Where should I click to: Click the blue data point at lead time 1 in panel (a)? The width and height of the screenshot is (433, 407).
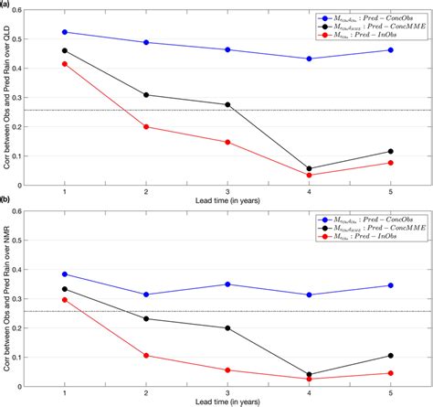(64, 32)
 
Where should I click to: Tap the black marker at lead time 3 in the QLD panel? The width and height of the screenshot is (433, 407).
(227, 104)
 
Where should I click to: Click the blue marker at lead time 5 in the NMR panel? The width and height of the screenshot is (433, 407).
(391, 285)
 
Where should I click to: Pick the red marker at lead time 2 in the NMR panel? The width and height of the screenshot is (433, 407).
(146, 356)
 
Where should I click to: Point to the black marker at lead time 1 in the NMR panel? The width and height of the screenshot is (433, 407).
(64, 289)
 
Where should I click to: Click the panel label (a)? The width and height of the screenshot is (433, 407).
(6, 5)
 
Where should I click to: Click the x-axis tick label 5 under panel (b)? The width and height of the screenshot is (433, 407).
(391, 395)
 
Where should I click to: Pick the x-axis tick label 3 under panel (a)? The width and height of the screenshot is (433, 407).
(227, 190)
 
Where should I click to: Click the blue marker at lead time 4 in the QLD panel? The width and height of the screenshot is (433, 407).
(310, 59)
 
